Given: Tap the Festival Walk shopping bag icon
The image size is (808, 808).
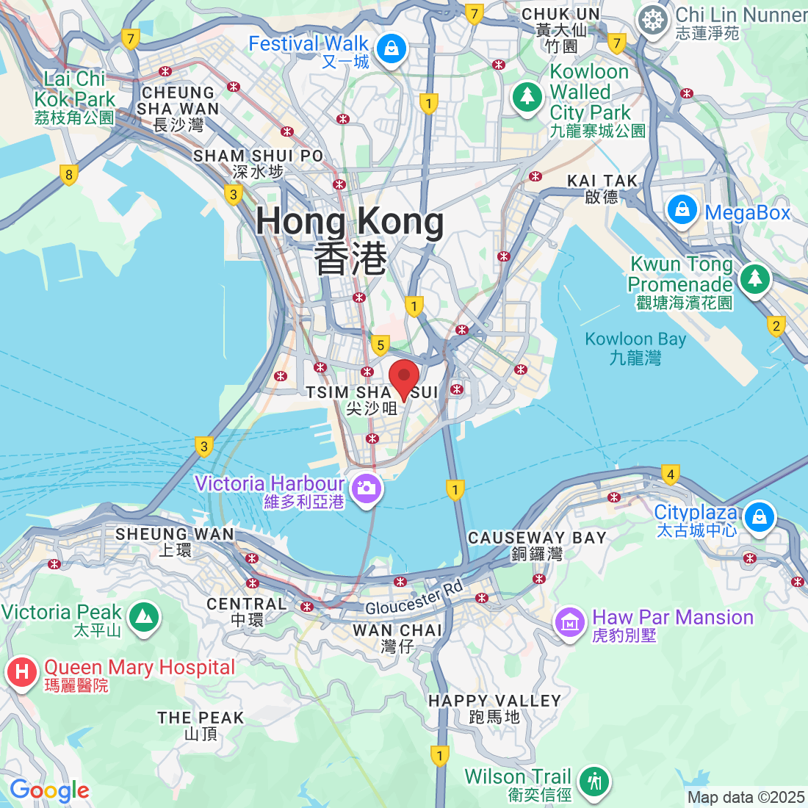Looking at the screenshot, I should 392,49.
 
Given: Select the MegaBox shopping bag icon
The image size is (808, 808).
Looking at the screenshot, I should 682,211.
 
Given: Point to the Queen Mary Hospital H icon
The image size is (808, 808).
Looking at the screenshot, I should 21,671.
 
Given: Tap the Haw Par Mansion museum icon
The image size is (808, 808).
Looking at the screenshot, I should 569,624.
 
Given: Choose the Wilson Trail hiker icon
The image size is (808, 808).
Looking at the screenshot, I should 594,782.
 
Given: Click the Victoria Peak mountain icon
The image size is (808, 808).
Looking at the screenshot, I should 144,617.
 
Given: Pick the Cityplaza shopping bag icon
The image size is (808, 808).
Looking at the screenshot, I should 759,518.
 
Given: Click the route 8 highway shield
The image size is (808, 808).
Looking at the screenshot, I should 69,175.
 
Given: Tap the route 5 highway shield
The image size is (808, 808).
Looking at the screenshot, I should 380,345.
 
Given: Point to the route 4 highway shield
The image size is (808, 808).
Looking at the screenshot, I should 669,475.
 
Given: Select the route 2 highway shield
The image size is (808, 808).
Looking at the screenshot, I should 776,325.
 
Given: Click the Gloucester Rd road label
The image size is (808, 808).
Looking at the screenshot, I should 414,598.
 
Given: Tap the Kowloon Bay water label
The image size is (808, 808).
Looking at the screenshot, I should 635,348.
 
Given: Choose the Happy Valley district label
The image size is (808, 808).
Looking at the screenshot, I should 494,708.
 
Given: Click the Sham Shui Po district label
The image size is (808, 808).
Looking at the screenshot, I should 258,163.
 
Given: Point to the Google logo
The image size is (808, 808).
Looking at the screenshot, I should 49,790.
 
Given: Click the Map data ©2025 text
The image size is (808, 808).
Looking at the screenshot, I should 746,797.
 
